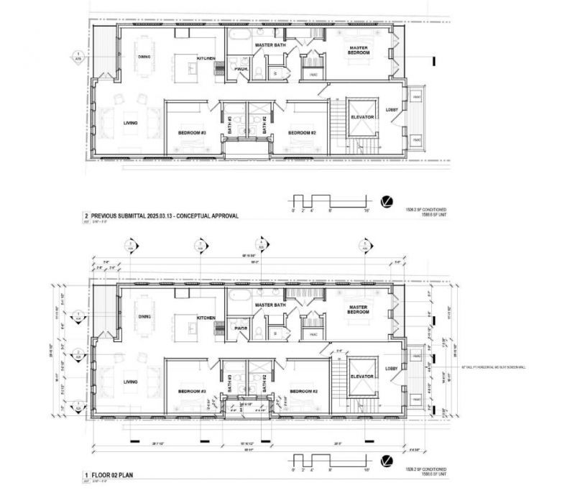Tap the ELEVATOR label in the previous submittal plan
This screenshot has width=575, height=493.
click(361, 116)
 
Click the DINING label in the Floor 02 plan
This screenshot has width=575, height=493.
click(144, 317)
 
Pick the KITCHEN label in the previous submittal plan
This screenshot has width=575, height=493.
click(207, 58)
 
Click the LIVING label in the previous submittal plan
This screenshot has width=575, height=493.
click(130, 123)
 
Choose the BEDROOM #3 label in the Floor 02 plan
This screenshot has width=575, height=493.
click(192, 392)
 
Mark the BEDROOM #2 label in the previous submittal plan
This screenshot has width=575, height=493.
click(303, 133)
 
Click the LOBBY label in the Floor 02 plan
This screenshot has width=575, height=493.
click(392, 369)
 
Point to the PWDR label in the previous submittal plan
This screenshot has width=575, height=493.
click(241, 69)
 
